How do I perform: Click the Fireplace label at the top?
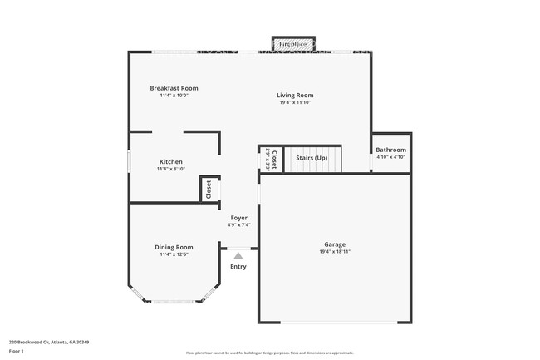pos(292,43)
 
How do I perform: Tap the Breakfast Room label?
pos(174,88)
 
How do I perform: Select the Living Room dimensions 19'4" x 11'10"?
pos(295,103)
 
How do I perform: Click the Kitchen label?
pos(171,161)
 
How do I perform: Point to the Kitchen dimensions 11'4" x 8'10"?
pos(171,169)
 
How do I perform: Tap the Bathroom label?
pos(390,150)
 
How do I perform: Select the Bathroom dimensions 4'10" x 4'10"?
pos(390,157)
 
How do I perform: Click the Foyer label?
pos(238,218)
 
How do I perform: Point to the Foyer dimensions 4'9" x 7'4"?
pos(238,225)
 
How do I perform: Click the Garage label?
pos(335,244)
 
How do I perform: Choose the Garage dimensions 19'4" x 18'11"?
pos(335,252)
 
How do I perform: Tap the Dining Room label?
pos(174,247)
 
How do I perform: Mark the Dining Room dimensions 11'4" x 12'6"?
pos(174,254)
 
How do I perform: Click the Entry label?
pos(238,267)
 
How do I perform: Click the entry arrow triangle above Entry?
pos(238,256)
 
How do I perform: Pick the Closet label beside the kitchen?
pos(209,189)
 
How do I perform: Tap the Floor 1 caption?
pos(17,351)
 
